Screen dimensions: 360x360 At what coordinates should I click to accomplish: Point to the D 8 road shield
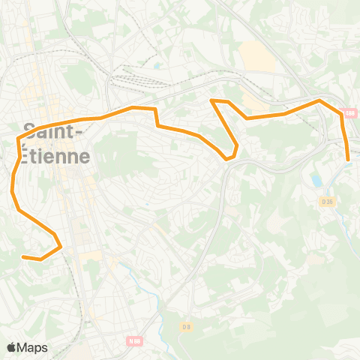click(x=187, y=326)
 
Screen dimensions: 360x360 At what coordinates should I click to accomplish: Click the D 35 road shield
click(x=326, y=201)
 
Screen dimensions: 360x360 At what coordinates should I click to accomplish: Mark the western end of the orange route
click(x=23, y=257)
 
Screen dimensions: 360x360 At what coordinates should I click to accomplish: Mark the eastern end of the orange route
click(x=349, y=159)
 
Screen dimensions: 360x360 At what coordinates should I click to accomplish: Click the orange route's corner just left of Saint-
click(x=18, y=139)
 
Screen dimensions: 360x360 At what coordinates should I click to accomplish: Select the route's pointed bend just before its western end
click(x=60, y=245)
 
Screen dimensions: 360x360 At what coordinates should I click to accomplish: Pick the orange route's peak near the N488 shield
click(x=319, y=100)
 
